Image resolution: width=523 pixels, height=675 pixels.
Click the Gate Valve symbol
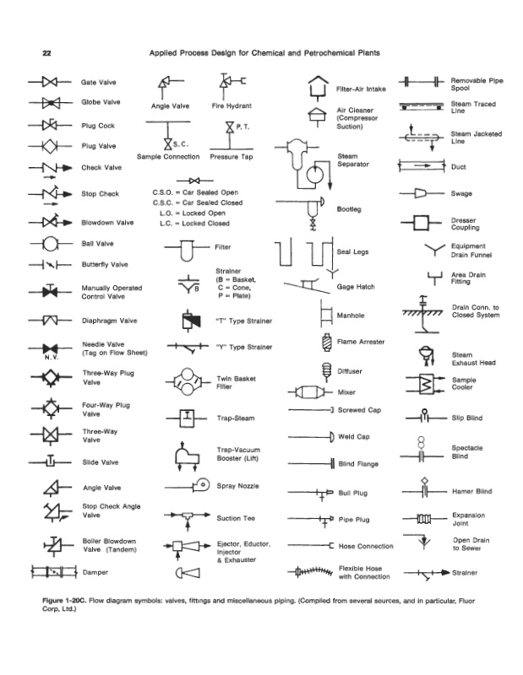click(x=48, y=83)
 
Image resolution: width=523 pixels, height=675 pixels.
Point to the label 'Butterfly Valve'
click(x=105, y=264)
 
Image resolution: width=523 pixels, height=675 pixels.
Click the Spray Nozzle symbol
click(x=200, y=485)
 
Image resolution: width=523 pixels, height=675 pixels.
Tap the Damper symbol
click(x=50, y=573)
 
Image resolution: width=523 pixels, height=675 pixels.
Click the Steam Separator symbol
click(x=311, y=163)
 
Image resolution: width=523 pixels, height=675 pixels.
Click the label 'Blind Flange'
click(x=358, y=464)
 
